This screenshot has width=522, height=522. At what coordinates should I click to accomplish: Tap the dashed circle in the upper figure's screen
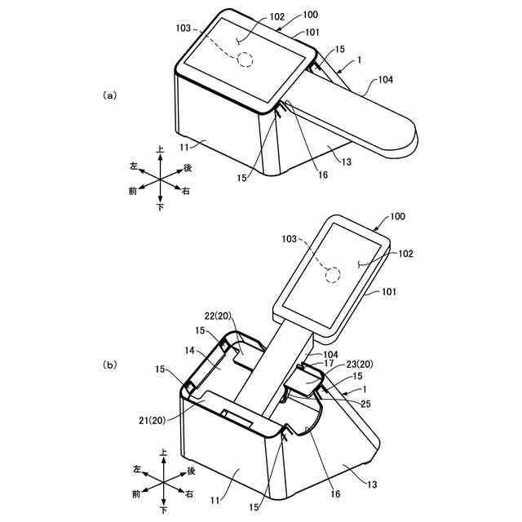tap(245, 60)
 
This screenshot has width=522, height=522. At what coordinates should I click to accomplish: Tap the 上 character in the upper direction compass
tap(160, 149)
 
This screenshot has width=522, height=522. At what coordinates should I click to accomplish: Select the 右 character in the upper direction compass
tap(187, 191)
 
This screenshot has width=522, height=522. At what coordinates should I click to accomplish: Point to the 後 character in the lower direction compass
tap(191, 471)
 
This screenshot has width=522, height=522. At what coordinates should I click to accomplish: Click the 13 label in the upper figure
tap(347, 161)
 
